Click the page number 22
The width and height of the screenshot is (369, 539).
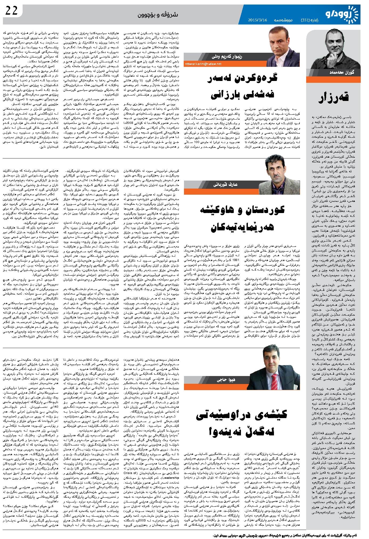click(x=11, y=11)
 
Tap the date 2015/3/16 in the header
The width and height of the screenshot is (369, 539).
click(x=257, y=20)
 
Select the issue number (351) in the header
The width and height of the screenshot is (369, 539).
click(x=306, y=20)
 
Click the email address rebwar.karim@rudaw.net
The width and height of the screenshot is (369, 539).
click(x=203, y=64)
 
